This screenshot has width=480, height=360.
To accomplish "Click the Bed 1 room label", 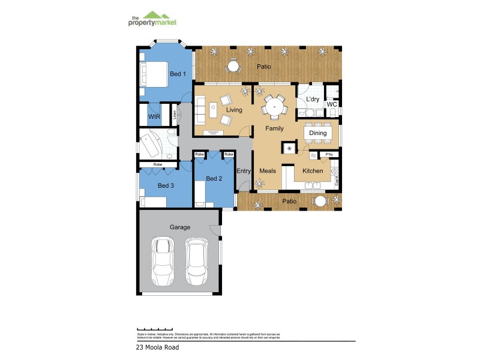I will [x=178, y=74].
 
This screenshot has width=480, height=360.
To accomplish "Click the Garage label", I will [x=180, y=227].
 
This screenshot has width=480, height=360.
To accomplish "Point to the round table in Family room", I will [x=274, y=108].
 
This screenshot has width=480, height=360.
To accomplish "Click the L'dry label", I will [x=313, y=99].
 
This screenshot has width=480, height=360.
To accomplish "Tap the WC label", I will [x=332, y=104].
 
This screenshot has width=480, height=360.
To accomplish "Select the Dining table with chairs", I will [x=318, y=133].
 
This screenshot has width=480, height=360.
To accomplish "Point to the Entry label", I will [x=244, y=171].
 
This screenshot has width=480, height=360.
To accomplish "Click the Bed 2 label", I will [x=214, y=179].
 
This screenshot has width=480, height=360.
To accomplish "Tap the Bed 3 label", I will [x=166, y=186].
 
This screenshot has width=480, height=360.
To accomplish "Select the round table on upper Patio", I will [x=233, y=67].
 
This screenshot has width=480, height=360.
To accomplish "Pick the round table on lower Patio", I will [x=321, y=202].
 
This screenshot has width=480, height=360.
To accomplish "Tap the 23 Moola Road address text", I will [x=158, y=347].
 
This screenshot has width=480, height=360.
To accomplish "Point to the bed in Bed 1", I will [x=154, y=75].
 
